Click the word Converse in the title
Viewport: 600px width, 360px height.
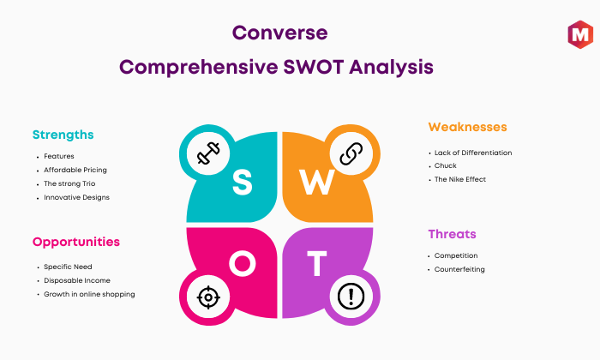[x=279, y=33]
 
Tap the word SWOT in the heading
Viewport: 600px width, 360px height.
[x=314, y=67]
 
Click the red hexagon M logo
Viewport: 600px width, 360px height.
[x=580, y=34]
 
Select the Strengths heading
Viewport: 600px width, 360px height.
[x=63, y=135]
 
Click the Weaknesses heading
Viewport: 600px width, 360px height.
[x=467, y=127]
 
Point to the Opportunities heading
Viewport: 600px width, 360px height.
[x=76, y=243]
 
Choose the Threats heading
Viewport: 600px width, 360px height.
[x=452, y=234]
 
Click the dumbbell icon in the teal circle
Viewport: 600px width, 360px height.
[x=208, y=153]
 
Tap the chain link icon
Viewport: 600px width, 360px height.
[x=351, y=153]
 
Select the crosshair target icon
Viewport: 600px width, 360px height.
[x=208, y=297]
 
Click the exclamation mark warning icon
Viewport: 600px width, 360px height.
[x=351, y=296]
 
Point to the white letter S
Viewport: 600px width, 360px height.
[x=243, y=182]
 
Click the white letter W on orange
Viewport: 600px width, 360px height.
[x=317, y=182]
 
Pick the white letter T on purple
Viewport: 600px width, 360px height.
[x=317, y=264]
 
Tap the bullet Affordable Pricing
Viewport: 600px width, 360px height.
[x=75, y=170]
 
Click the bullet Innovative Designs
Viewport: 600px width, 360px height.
[x=76, y=197]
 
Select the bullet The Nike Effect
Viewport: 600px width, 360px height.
[x=460, y=179]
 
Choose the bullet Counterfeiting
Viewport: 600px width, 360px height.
[x=459, y=269]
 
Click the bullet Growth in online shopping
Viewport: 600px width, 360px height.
[x=89, y=294]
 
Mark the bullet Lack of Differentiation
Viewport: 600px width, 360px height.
[x=473, y=153]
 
